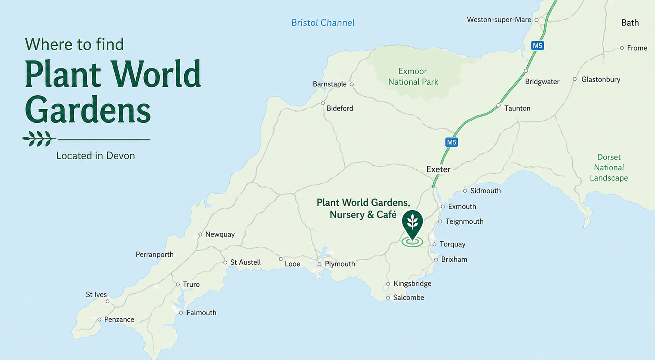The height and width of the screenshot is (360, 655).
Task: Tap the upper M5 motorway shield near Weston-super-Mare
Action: pyautogui.click(x=537, y=46)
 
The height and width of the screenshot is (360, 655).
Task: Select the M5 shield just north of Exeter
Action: pyautogui.click(x=451, y=142)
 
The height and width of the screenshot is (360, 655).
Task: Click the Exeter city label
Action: pyautogui.click(x=438, y=169)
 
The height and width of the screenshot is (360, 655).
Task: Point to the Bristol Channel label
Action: pyautogui.click(x=323, y=23)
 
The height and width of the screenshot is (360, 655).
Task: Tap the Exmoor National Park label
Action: pyautogui.click(x=413, y=77)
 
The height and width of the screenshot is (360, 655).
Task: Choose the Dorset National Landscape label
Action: pyautogui.click(x=609, y=168)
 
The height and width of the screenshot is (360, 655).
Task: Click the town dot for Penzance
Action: pyautogui.click(x=99, y=319)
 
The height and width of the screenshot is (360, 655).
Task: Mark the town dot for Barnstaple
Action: pyautogui.click(x=351, y=84)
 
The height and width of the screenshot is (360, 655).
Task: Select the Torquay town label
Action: pyautogui.click(x=452, y=244)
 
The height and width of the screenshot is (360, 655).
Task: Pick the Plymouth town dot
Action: pyautogui.click(x=319, y=264)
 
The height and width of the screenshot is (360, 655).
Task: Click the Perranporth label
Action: pyautogui.click(x=155, y=254)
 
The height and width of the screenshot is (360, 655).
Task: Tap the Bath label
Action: pyautogui.click(x=630, y=23)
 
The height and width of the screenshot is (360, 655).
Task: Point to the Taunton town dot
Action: pyautogui.click(x=498, y=106)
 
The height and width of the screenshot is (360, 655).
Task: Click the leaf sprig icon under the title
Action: pyautogui.click(x=39, y=139)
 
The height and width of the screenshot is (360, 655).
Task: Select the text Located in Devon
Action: pyautogui.click(x=95, y=156)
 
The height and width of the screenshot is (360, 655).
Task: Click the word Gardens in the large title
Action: pyautogui.click(x=88, y=110)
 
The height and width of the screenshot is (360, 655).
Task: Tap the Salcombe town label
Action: pyautogui.click(x=408, y=298)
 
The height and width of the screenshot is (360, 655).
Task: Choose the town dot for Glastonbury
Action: pyautogui.click(x=574, y=79)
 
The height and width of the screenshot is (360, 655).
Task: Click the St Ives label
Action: pyautogui.click(x=96, y=295)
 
